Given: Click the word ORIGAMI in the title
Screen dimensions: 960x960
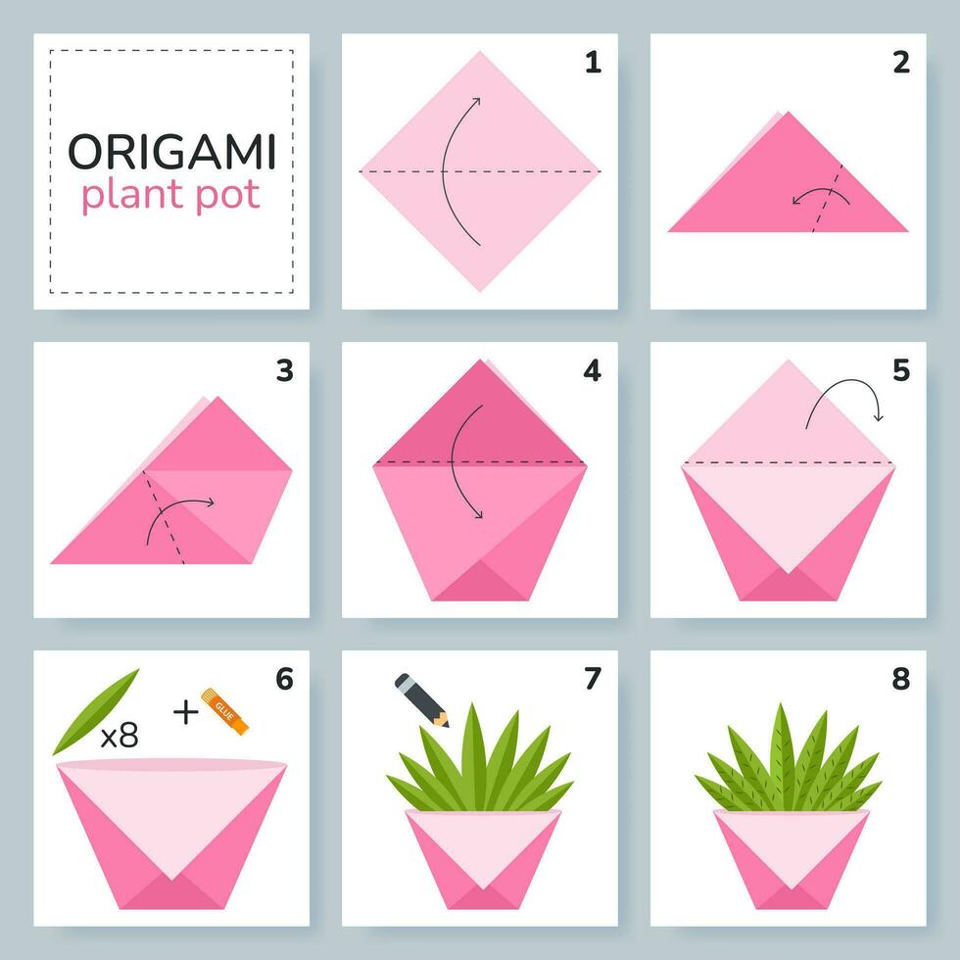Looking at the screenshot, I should tap(171, 152).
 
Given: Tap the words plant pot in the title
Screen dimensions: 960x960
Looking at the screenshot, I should tap(171, 195).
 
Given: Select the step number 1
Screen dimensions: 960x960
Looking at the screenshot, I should tap(592, 63).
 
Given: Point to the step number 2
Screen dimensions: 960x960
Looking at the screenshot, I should tap(900, 63).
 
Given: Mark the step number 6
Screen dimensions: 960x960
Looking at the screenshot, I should tap(284, 678).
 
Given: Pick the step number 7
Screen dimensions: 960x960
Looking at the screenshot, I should tap(592, 678).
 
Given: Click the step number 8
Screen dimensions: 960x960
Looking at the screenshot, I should tap(900, 678).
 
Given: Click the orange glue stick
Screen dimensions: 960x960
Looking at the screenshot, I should tap(225, 709).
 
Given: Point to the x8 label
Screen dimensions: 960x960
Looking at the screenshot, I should tap(120, 737).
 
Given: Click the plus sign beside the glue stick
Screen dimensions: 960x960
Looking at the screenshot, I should tap(184, 711).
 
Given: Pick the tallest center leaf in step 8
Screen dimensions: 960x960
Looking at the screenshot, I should tap(782, 744).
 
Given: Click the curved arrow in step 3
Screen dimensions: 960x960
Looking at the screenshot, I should tap(176, 514).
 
